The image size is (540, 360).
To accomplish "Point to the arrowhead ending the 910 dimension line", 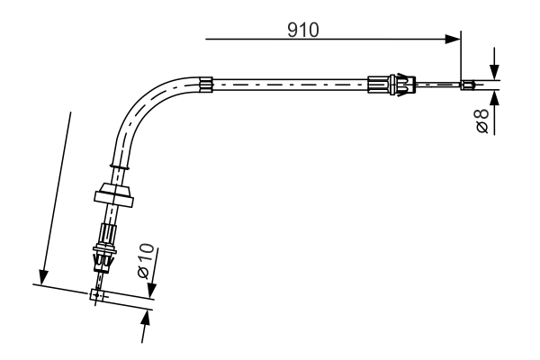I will click(x=454, y=39).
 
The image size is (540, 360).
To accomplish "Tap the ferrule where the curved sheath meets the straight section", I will click(x=207, y=85).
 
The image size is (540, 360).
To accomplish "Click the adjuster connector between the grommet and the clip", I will click(x=107, y=234).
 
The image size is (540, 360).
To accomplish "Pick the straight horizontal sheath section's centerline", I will click(x=288, y=85).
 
